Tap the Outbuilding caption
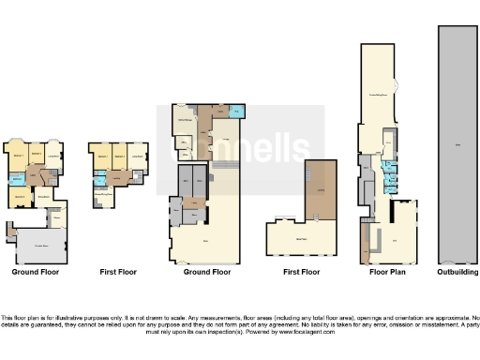pos(457,272)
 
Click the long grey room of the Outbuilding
pos(457,141)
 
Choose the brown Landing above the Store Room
pos(322,189)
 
